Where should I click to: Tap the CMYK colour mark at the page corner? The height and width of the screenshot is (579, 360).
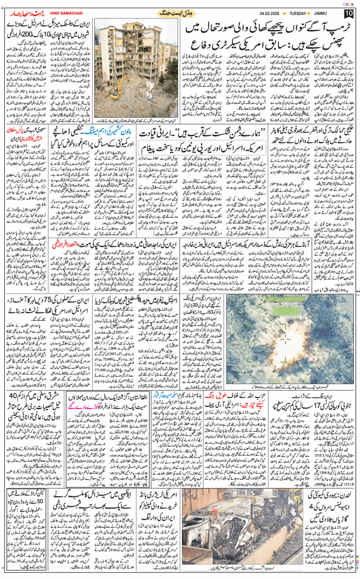click(348, 3)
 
